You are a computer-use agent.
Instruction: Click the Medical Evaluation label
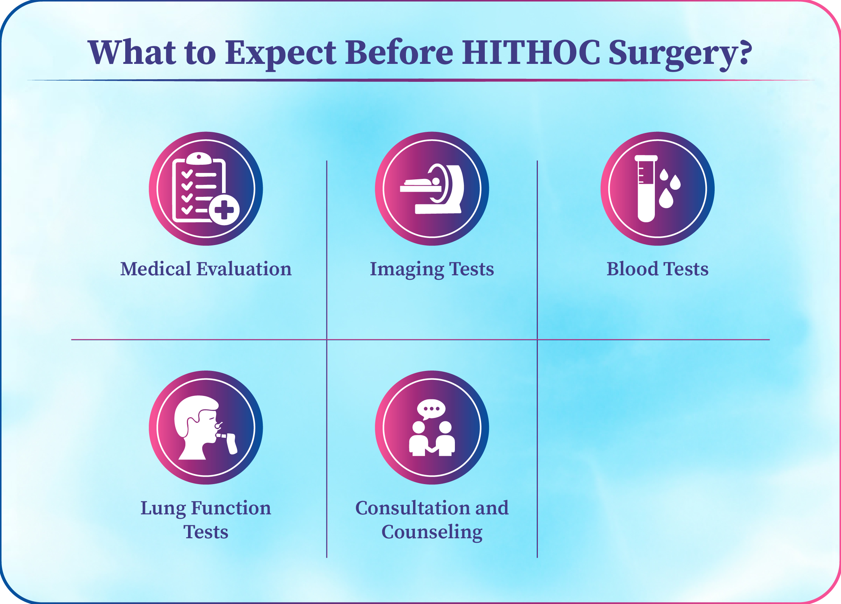pyautogui.click(x=206, y=269)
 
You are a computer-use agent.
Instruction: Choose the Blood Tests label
pyautogui.click(x=657, y=269)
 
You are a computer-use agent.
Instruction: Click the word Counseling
pyautogui.click(x=432, y=532)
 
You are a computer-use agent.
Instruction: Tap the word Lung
pyautogui.click(x=163, y=509)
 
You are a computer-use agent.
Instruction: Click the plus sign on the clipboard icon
pyautogui.click(x=224, y=210)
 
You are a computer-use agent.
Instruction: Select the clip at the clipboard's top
pyautogui.click(x=199, y=159)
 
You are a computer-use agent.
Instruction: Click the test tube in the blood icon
pyautogui.click(x=646, y=189)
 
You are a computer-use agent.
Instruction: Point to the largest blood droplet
pyautogui.click(x=666, y=198)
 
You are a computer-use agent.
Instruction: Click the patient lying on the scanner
pyautogui.click(x=422, y=182)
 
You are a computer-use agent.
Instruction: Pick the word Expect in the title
pyautogui.click(x=281, y=55)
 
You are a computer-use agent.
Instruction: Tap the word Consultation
pyautogui.click(x=407, y=508)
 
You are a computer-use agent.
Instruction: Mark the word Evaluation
pyautogui.click(x=244, y=269)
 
